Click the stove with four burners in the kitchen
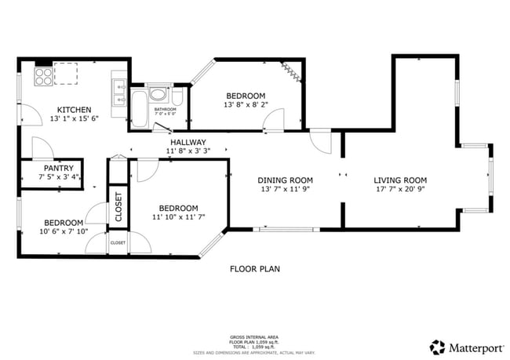click(44, 76)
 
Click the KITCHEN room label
click(74, 110)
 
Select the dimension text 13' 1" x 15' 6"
click(74, 119)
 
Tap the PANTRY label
click(58, 168)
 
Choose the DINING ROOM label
click(286, 180)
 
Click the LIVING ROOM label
click(399, 180)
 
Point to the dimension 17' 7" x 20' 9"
click(399, 189)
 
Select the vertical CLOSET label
click(118, 207)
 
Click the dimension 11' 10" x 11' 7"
click(176, 217)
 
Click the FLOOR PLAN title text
click(254, 269)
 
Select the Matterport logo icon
click(436, 346)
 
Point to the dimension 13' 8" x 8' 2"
click(245, 104)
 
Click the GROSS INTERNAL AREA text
click(254, 335)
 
